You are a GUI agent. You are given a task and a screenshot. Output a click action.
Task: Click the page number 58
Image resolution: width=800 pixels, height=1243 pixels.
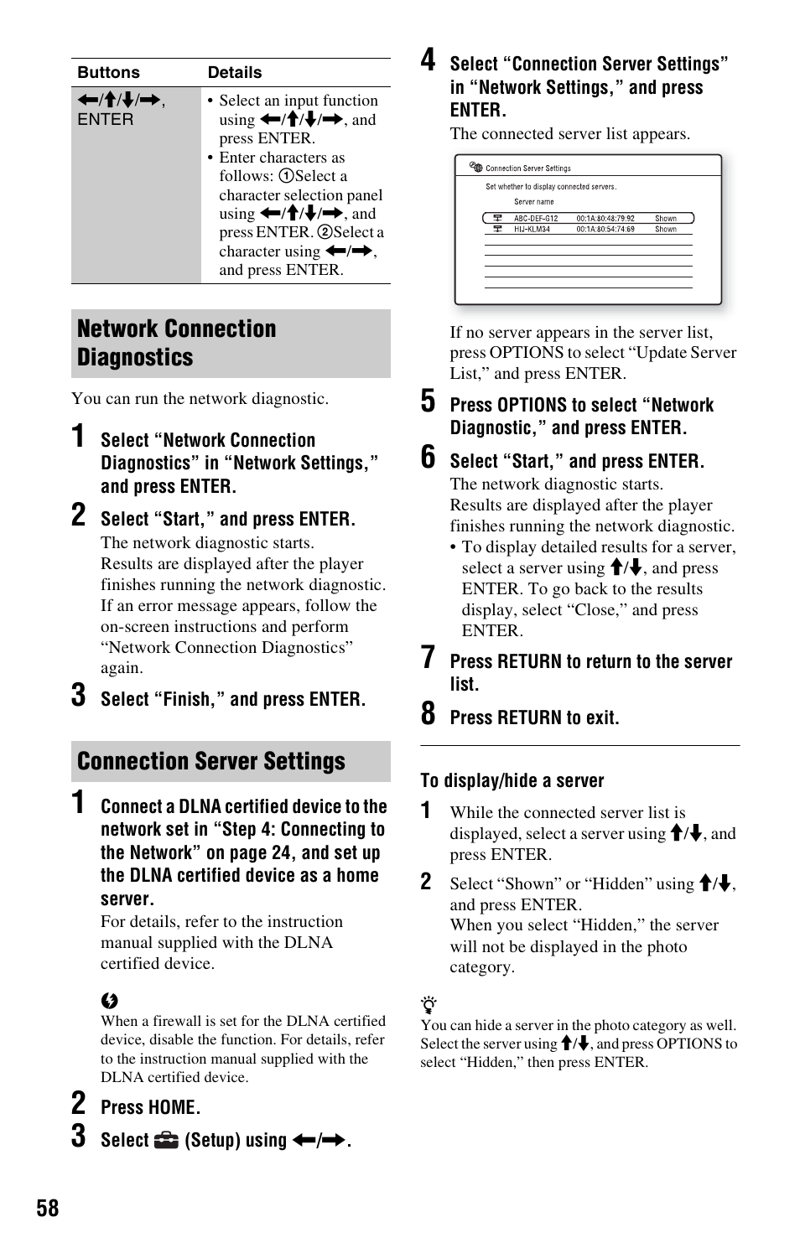click(48, 1208)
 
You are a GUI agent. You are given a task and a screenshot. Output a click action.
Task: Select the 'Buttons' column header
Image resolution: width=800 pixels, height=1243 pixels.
click(108, 72)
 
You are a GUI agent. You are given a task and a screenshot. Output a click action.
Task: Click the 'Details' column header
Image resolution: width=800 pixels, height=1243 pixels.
click(235, 72)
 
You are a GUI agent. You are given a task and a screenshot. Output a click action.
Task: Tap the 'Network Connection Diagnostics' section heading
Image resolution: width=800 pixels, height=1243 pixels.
click(176, 343)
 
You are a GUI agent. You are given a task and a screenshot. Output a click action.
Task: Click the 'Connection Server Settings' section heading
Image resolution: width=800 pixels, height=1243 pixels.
click(211, 761)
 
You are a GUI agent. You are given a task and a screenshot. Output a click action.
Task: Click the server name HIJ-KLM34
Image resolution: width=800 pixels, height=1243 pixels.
click(532, 229)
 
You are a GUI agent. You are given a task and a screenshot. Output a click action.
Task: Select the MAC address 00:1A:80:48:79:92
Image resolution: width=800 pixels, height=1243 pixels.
click(605, 218)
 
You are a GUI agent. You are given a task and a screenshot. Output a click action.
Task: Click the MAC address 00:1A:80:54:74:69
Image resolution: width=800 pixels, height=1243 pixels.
click(605, 229)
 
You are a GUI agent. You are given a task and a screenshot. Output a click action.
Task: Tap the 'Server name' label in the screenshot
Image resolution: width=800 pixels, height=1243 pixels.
click(533, 202)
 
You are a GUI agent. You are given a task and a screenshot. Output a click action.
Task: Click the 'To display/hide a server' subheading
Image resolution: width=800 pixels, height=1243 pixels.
click(512, 780)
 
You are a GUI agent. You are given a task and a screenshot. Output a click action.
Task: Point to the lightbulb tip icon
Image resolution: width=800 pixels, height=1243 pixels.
click(429, 1005)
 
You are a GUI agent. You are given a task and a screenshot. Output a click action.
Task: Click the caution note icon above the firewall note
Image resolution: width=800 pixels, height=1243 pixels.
click(109, 1001)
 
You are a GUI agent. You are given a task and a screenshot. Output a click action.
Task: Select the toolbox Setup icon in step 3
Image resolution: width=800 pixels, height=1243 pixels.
click(167, 1140)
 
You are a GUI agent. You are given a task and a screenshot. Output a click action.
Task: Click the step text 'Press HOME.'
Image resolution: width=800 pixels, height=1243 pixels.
click(150, 1107)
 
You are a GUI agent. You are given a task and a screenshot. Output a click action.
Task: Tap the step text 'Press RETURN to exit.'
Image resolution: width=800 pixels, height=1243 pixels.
click(534, 717)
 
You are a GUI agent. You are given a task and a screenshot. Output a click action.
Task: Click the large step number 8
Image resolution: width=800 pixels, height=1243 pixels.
click(428, 714)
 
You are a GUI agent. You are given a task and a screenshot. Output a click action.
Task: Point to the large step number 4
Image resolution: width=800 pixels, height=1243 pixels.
click(428, 60)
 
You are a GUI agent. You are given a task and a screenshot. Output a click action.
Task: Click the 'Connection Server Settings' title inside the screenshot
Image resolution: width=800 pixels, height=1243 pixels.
click(527, 168)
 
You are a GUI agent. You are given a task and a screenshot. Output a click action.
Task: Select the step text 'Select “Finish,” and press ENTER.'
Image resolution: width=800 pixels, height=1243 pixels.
click(232, 699)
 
